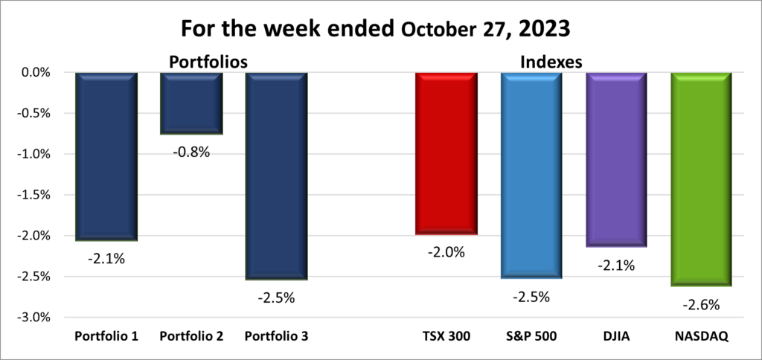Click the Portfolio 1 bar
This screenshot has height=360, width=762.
click(x=106, y=156)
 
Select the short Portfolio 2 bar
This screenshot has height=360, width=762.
click(x=192, y=103)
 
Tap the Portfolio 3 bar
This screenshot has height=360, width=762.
click(x=277, y=176)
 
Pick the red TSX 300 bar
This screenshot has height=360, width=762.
click(x=446, y=153)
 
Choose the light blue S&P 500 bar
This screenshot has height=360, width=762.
click(x=531, y=175)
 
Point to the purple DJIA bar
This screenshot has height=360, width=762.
click(x=617, y=159)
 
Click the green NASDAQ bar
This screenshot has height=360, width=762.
click(x=702, y=179)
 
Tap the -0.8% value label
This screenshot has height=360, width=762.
click(x=192, y=152)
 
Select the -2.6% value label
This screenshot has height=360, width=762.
click(x=702, y=304)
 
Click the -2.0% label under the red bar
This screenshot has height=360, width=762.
click(x=446, y=252)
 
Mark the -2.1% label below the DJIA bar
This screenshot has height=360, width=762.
click(x=617, y=265)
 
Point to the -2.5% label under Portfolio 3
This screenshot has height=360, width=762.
click(x=277, y=298)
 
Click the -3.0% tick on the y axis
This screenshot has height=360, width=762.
click(x=33, y=317)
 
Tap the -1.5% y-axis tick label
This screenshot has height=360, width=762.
click(x=33, y=195)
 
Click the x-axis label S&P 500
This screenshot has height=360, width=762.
click(x=531, y=337)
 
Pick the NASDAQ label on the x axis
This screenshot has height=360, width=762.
click(x=702, y=337)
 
